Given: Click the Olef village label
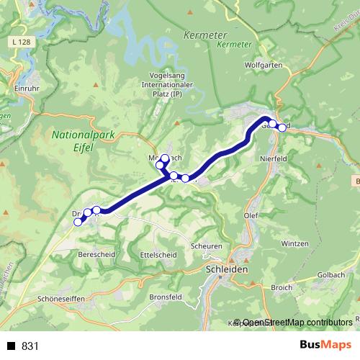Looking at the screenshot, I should (251, 215).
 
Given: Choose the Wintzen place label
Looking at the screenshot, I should (294, 243).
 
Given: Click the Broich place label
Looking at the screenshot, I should (281, 287).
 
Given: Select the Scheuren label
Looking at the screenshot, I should (207, 246).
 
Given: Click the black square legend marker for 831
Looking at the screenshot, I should (12, 346).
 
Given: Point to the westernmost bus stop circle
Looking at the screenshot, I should (78, 222).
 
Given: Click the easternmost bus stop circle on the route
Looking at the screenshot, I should (282, 128).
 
